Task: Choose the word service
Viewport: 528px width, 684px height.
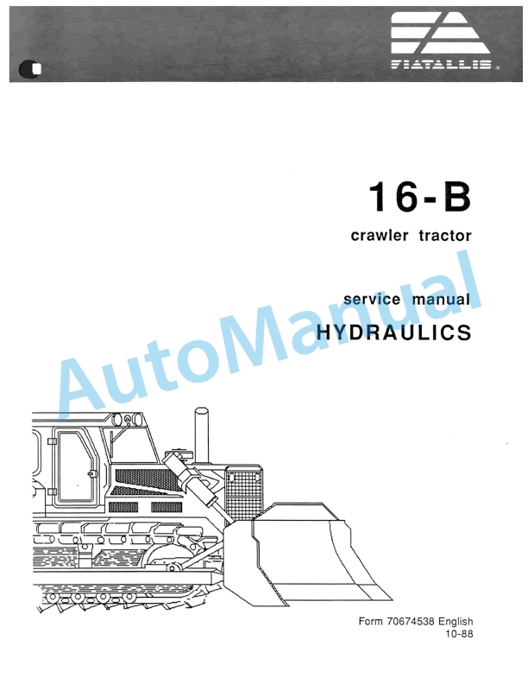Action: click(x=372, y=300)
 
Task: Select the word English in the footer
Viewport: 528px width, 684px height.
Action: click(x=455, y=621)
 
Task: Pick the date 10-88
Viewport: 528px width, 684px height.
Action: click(x=459, y=635)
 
